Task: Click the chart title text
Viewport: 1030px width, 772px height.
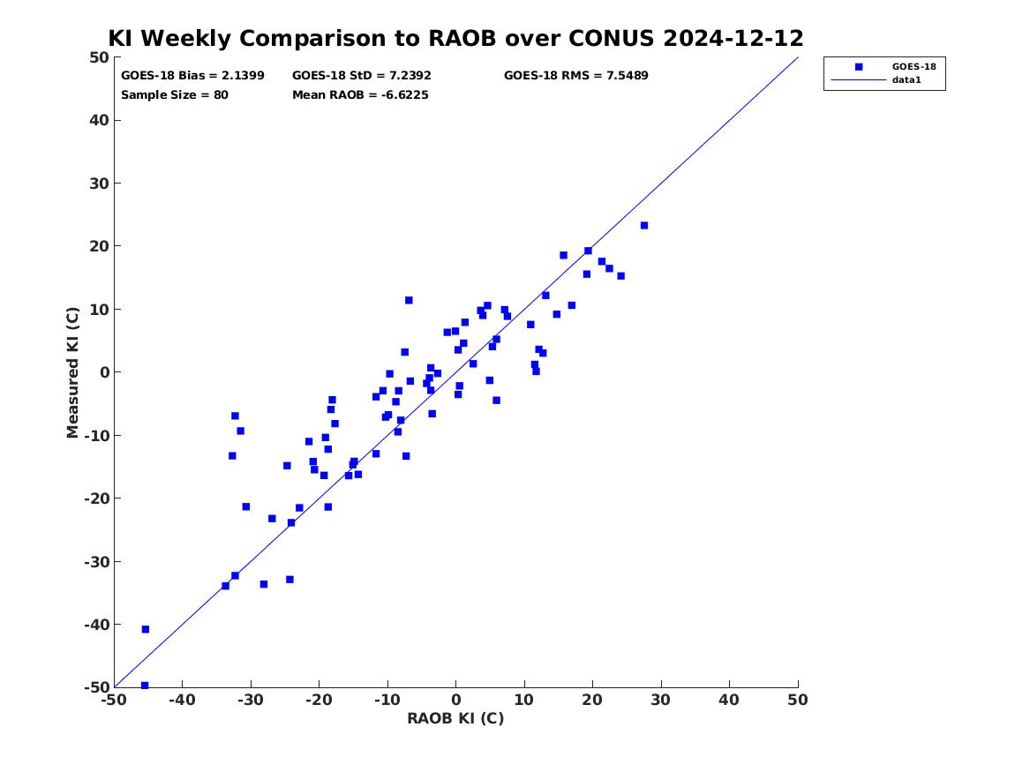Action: pos(455,38)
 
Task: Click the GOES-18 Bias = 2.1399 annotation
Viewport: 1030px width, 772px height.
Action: pos(192,76)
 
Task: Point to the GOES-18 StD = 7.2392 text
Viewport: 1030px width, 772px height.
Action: pos(361,76)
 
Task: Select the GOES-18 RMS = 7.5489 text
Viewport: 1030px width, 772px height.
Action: pos(576,76)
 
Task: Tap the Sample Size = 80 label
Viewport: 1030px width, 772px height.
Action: pos(175,95)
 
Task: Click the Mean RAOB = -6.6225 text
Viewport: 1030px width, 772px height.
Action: pos(360,95)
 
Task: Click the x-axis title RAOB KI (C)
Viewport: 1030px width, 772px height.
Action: pos(455,718)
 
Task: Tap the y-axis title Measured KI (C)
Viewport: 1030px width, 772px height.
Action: pos(72,372)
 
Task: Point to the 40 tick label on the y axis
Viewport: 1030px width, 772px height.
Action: pos(99,120)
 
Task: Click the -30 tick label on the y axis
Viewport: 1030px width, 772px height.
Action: pos(96,561)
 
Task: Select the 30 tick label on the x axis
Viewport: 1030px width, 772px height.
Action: pos(661,700)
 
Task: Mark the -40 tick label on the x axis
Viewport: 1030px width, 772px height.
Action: pos(182,700)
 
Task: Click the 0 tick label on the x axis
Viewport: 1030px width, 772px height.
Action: pos(456,700)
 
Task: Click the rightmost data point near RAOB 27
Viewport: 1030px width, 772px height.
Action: pos(643,226)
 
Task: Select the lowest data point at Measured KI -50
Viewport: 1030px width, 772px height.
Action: pos(145,686)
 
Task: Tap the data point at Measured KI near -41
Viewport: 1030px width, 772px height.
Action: pos(145,630)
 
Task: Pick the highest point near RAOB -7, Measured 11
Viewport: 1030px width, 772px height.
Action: pos(409,301)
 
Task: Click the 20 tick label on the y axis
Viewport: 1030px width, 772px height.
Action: pos(99,246)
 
